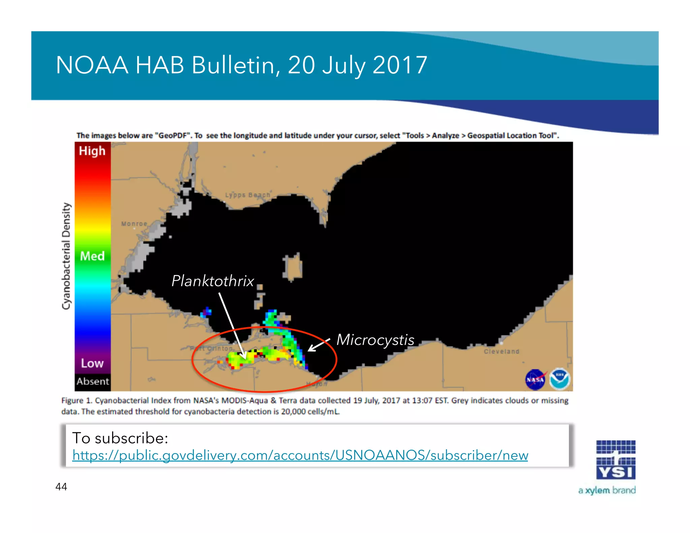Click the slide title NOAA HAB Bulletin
coord(241,65)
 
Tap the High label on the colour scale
coord(92,151)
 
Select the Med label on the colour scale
coord(92,256)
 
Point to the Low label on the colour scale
coord(92,363)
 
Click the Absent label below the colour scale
coord(93,381)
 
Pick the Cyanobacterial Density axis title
coord(66,256)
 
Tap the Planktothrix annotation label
coord(213,281)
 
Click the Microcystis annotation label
coord(375,340)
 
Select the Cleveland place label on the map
coord(501,351)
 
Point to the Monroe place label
coord(134,224)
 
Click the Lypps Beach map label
coord(248,195)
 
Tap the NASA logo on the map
coord(535,380)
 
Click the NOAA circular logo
coord(559,379)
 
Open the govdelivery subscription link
coord(300,456)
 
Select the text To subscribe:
coord(120,438)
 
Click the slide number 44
coord(61,487)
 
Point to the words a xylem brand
coord(607,490)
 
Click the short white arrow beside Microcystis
coord(318,345)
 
